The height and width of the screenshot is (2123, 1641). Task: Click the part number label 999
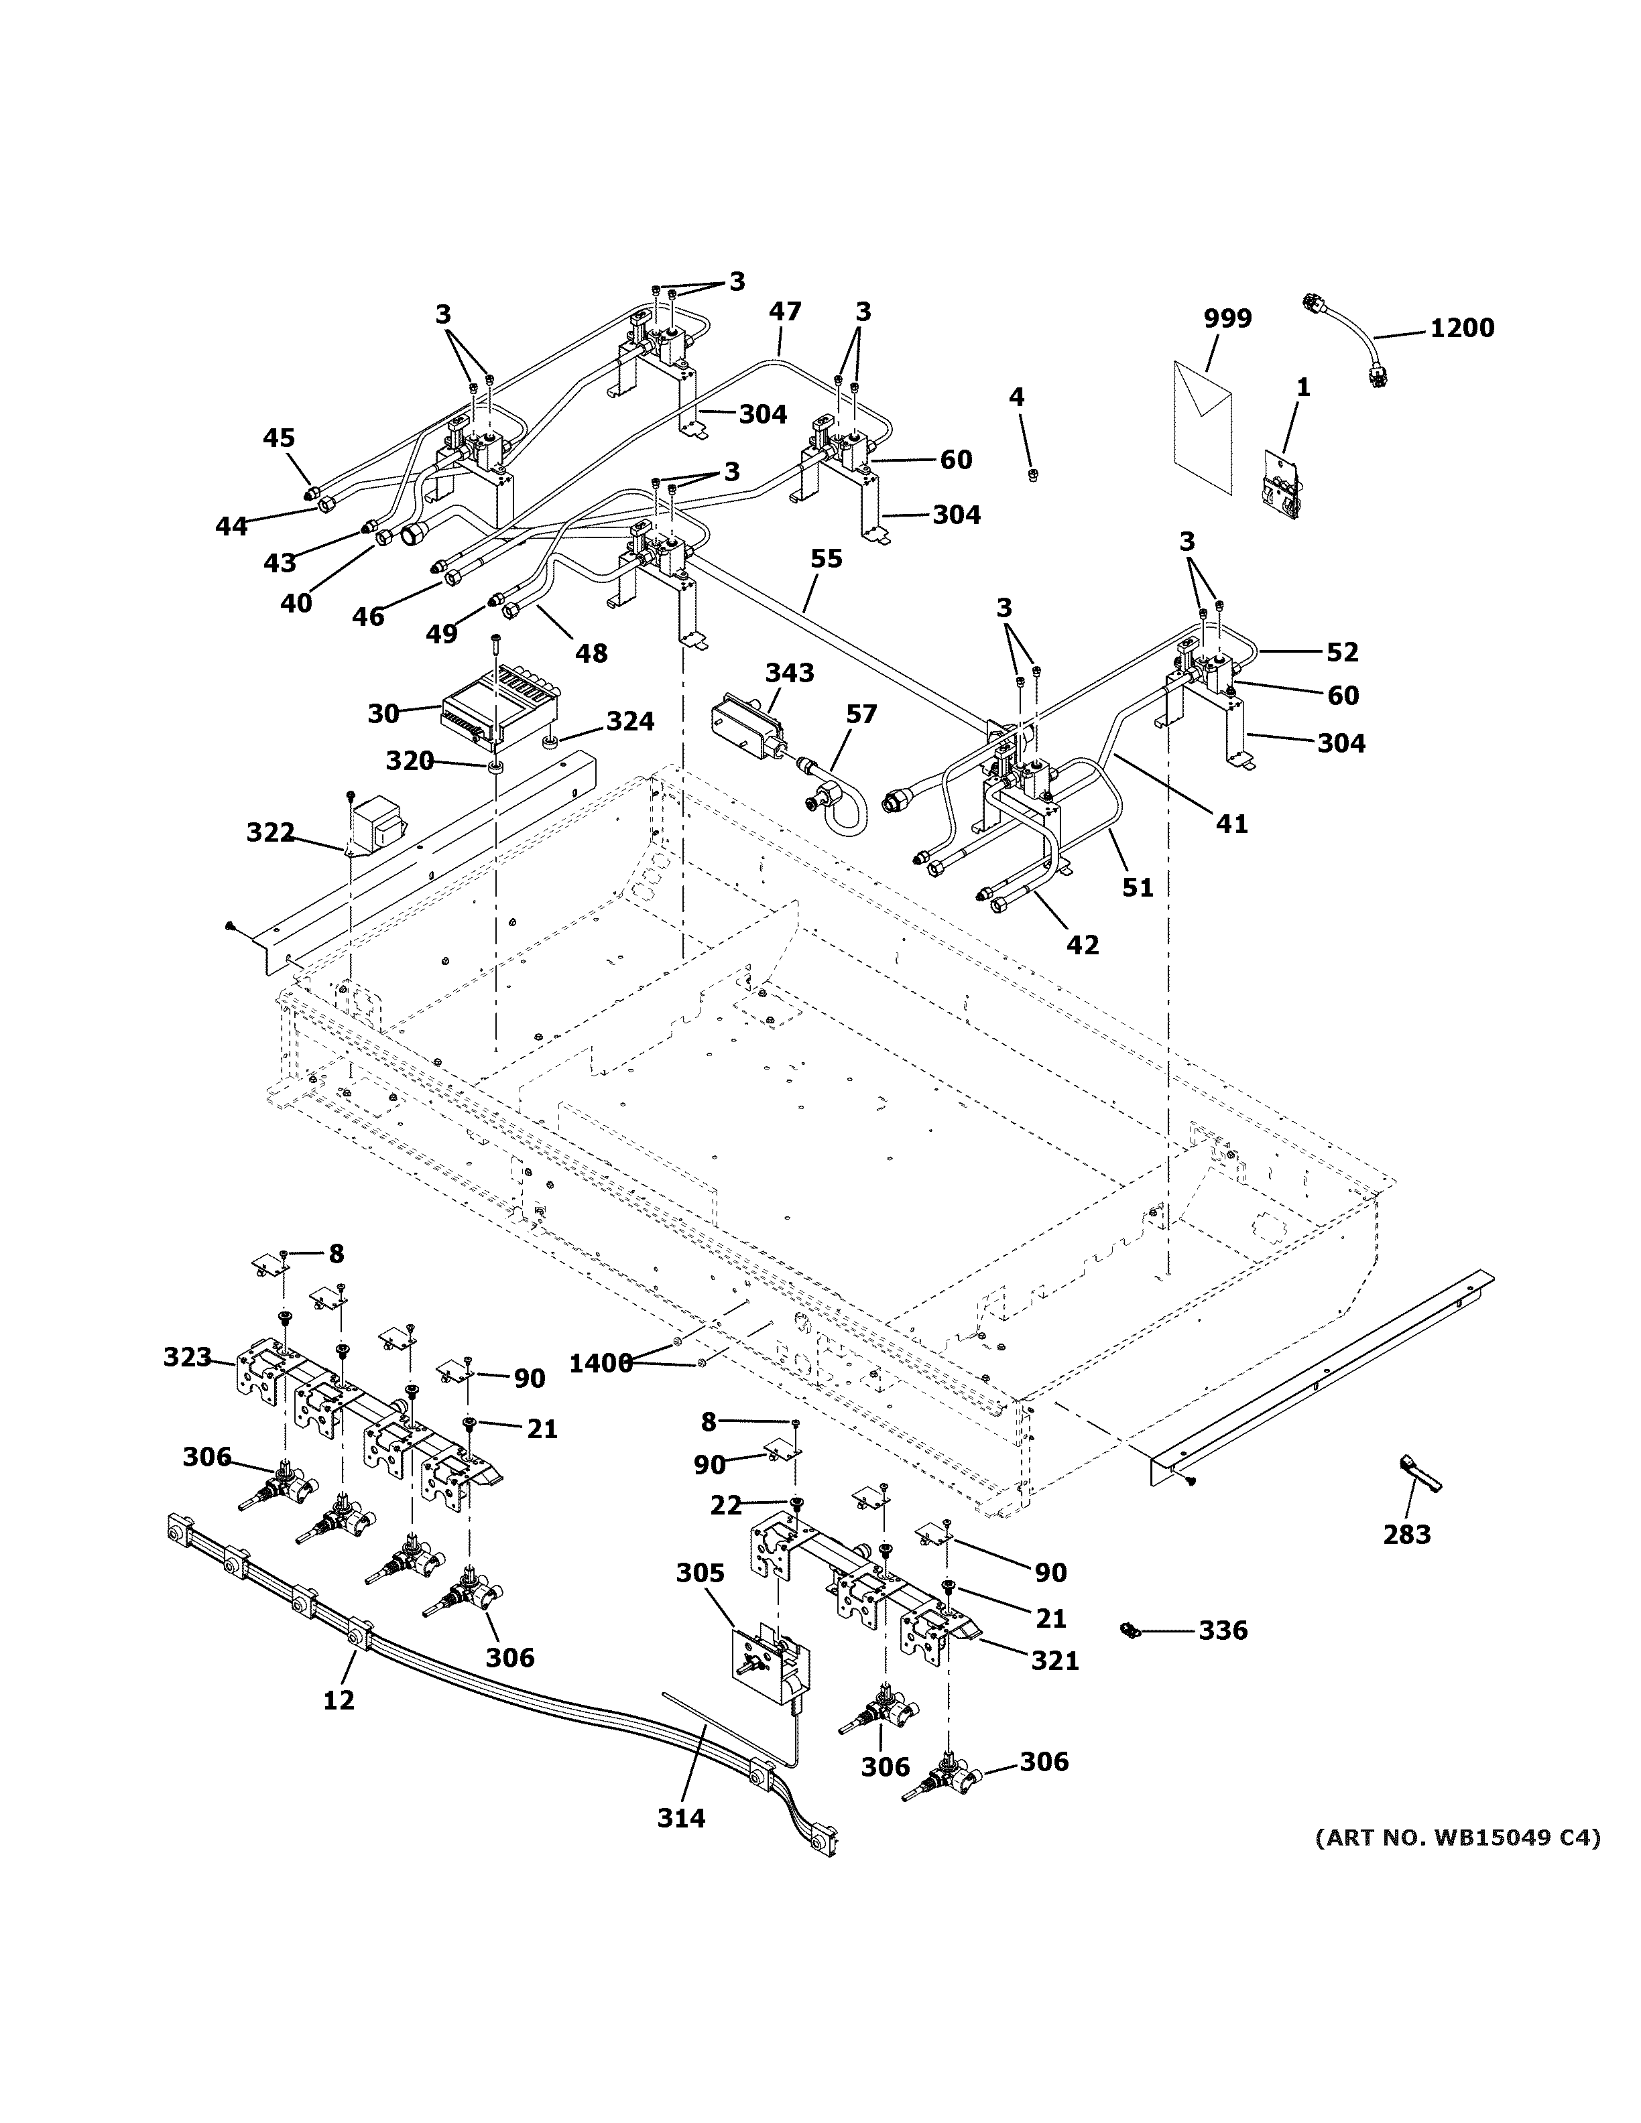pos(1228,319)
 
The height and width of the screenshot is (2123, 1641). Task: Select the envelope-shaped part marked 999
pos(1203,425)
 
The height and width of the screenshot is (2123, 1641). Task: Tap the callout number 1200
pos(1461,328)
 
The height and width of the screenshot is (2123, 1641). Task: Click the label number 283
pos(1406,1535)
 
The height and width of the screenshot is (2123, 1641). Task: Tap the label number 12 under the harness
pos(339,1699)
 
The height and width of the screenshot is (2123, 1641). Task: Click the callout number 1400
pos(600,1364)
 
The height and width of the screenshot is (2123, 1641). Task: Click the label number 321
pos(1055,1661)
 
